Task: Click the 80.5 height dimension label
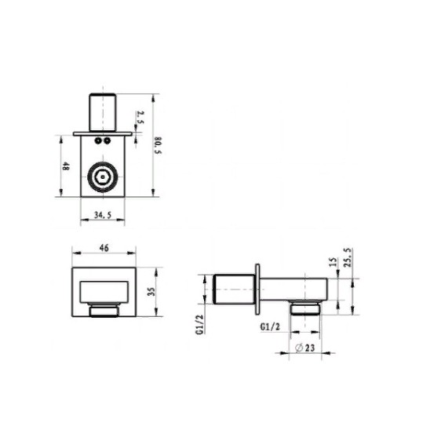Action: point(159,145)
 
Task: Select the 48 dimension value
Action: point(65,166)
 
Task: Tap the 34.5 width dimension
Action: point(103,215)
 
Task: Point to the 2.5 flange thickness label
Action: point(140,118)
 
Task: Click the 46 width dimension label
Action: point(104,248)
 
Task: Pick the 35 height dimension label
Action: point(151,291)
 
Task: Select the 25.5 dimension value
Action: point(347,257)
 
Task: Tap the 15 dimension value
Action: point(333,262)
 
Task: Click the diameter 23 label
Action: point(304,348)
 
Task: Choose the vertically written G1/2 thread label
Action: point(200,325)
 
